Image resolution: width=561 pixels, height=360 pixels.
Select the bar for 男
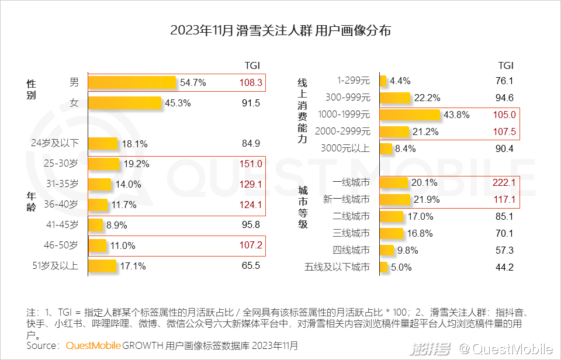coord(132,82)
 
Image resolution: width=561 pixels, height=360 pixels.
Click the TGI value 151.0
coord(251,164)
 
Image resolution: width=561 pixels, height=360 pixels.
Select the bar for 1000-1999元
coord(410,115)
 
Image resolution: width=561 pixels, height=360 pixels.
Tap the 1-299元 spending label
coord(353,81)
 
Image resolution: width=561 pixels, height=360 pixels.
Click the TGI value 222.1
coord(503,183)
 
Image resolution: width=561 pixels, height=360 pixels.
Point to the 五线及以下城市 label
coord(337,268)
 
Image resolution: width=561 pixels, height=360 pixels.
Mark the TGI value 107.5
coord(504,131)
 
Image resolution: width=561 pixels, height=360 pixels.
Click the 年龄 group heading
coord(31,202)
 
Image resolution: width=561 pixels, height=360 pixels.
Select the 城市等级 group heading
coord(303,207)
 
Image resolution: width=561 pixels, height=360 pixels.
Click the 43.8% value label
coord(456,115)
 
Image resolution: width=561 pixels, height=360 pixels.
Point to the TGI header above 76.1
coord(505,65)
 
